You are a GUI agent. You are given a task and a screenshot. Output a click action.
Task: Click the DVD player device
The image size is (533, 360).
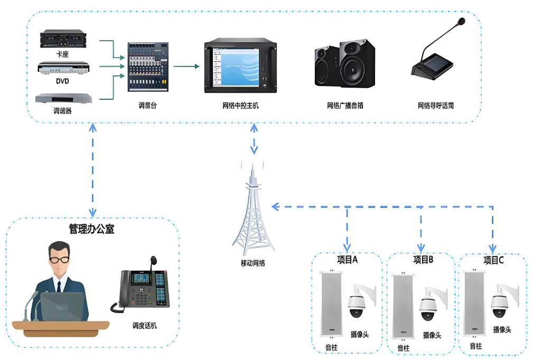[x=64, y=68]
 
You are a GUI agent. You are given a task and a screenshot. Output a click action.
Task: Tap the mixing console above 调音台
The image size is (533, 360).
[x=147, y=68]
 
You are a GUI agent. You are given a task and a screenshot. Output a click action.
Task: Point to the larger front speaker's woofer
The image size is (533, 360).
[x=353, y=70]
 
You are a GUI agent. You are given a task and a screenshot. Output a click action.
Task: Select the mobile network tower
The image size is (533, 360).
[x=254, y=211]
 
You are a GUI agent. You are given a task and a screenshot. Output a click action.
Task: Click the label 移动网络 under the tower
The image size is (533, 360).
[x=252, y=262]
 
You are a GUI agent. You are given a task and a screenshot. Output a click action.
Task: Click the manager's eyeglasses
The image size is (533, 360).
[x=60, y=259]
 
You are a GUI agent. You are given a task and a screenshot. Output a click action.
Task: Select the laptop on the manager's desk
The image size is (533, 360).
[x=62, y=306]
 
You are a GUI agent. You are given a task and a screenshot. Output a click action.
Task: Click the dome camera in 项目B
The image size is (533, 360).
[x=428, y=309]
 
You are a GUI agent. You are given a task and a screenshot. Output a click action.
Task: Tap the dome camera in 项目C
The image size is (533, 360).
[x=500, y=305]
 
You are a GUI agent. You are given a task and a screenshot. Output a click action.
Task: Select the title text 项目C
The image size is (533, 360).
[x=493, y=260]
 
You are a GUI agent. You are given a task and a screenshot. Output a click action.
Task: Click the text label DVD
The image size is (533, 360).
[x=62, y=82]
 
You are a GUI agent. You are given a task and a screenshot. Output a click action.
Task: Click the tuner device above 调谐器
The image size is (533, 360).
[x=63, y=98]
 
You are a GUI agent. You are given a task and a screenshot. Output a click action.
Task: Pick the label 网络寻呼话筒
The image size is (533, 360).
[x=436, y=106]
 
